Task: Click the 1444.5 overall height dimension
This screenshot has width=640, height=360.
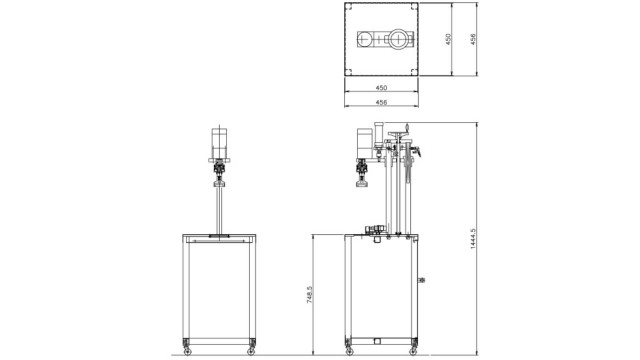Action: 473,239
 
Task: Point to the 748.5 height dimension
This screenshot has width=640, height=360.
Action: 309,294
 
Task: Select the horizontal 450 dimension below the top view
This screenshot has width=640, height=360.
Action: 381,88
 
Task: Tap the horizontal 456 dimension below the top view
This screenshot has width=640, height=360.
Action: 381,102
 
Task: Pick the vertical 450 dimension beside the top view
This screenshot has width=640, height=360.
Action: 448,39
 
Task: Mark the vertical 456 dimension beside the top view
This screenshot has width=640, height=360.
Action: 473,39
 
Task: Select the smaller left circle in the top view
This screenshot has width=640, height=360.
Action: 365,39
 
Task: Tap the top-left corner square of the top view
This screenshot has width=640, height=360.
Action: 348,7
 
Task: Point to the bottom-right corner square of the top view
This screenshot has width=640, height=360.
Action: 415,72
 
